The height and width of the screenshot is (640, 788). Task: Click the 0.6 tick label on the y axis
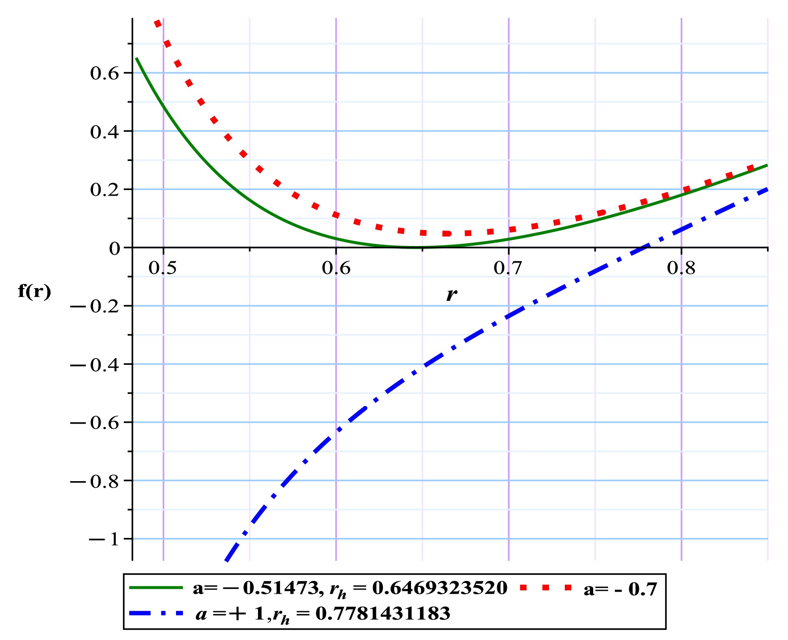tap(104, 73)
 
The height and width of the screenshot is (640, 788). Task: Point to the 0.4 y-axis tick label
tap(104, 132)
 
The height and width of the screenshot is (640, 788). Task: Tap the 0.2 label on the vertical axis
tap(104, 190)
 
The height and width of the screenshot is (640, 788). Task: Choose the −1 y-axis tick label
tap(104, 540)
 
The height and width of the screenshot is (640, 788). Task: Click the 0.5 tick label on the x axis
tap(163, 268)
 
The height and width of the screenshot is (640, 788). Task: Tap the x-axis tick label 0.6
tap(336, 268)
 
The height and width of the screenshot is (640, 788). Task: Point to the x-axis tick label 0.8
tap(681, 268)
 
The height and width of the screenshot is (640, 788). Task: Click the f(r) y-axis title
tap(35, 291)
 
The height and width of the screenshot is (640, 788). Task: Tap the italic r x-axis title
tap(451, 294)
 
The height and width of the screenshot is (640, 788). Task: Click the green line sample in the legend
tap(156, 587)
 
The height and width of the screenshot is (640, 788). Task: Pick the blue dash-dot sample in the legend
tap(156, 613)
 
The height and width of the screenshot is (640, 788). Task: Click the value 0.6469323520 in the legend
tap(440, 588)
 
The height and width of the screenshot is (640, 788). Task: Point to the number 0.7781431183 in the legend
tap(383, 613)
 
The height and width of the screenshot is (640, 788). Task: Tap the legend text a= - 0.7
tap(620, 589)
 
